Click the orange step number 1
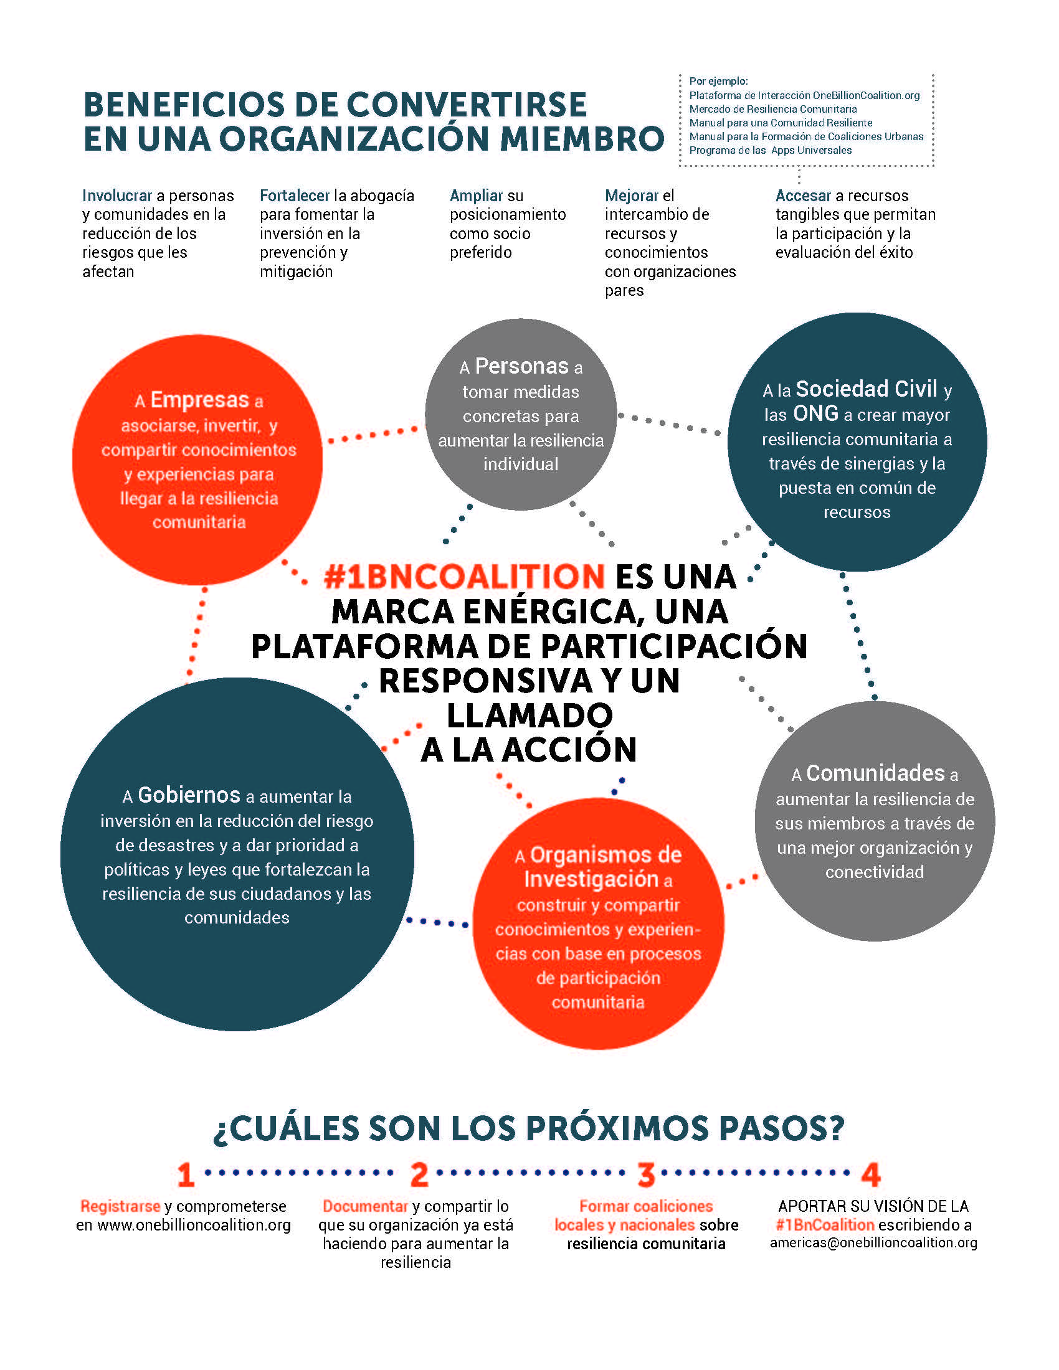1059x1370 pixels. tap(186, 1175)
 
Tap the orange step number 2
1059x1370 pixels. tap(420, 1175)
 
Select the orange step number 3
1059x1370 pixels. tap(646, 1175)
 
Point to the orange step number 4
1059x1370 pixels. tap(871, 1175)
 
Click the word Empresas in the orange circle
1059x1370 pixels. tap(200, 400)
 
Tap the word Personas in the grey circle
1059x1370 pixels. tap(522, 366)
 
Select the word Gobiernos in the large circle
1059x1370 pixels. tap(189, 795)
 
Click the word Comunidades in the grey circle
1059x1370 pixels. tap(875, 773)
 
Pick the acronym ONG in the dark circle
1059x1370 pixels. tap(815, 413)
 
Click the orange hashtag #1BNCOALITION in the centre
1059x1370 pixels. tap(464, 577)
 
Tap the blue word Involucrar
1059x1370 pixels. tap(117, 196)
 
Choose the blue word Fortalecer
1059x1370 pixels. tap(295, 196)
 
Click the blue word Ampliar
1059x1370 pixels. tap(477, 196)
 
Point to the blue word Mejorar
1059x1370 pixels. tap(632, 196)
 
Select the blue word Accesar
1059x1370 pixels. tap(803, 196)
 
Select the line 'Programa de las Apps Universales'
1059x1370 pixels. tap(771, 150)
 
